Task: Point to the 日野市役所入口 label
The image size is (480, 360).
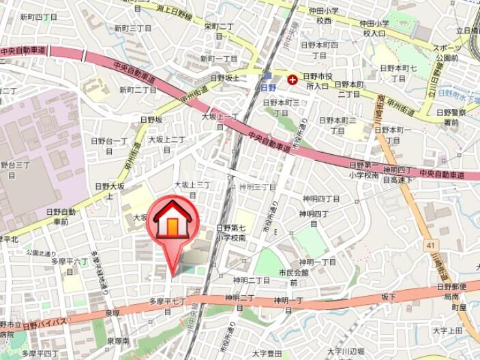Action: tap(317, 83)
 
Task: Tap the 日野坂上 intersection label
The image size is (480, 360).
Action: tap(224, 78)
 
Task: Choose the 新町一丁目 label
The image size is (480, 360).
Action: tap(218, 59)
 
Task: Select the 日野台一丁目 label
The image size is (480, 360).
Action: tap(109, 146)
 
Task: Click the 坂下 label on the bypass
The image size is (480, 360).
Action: tap(388, 297)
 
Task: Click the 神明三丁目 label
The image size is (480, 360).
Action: tap(257, 187)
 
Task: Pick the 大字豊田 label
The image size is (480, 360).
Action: tap(267, 353)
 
